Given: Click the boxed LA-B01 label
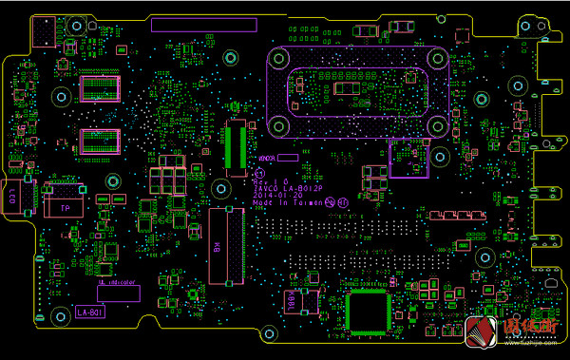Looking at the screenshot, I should pyautogui.click(x=90, y=312).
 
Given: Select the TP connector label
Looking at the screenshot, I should pyautogui.click(x=66, y=206).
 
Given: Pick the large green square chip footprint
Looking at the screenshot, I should pyautogui.click(x=369, y=313).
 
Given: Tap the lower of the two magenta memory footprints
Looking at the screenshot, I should pyautogui.click(x=101, y=141).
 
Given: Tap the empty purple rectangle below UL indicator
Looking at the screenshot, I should pyautogui.click(x=118, y=294).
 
